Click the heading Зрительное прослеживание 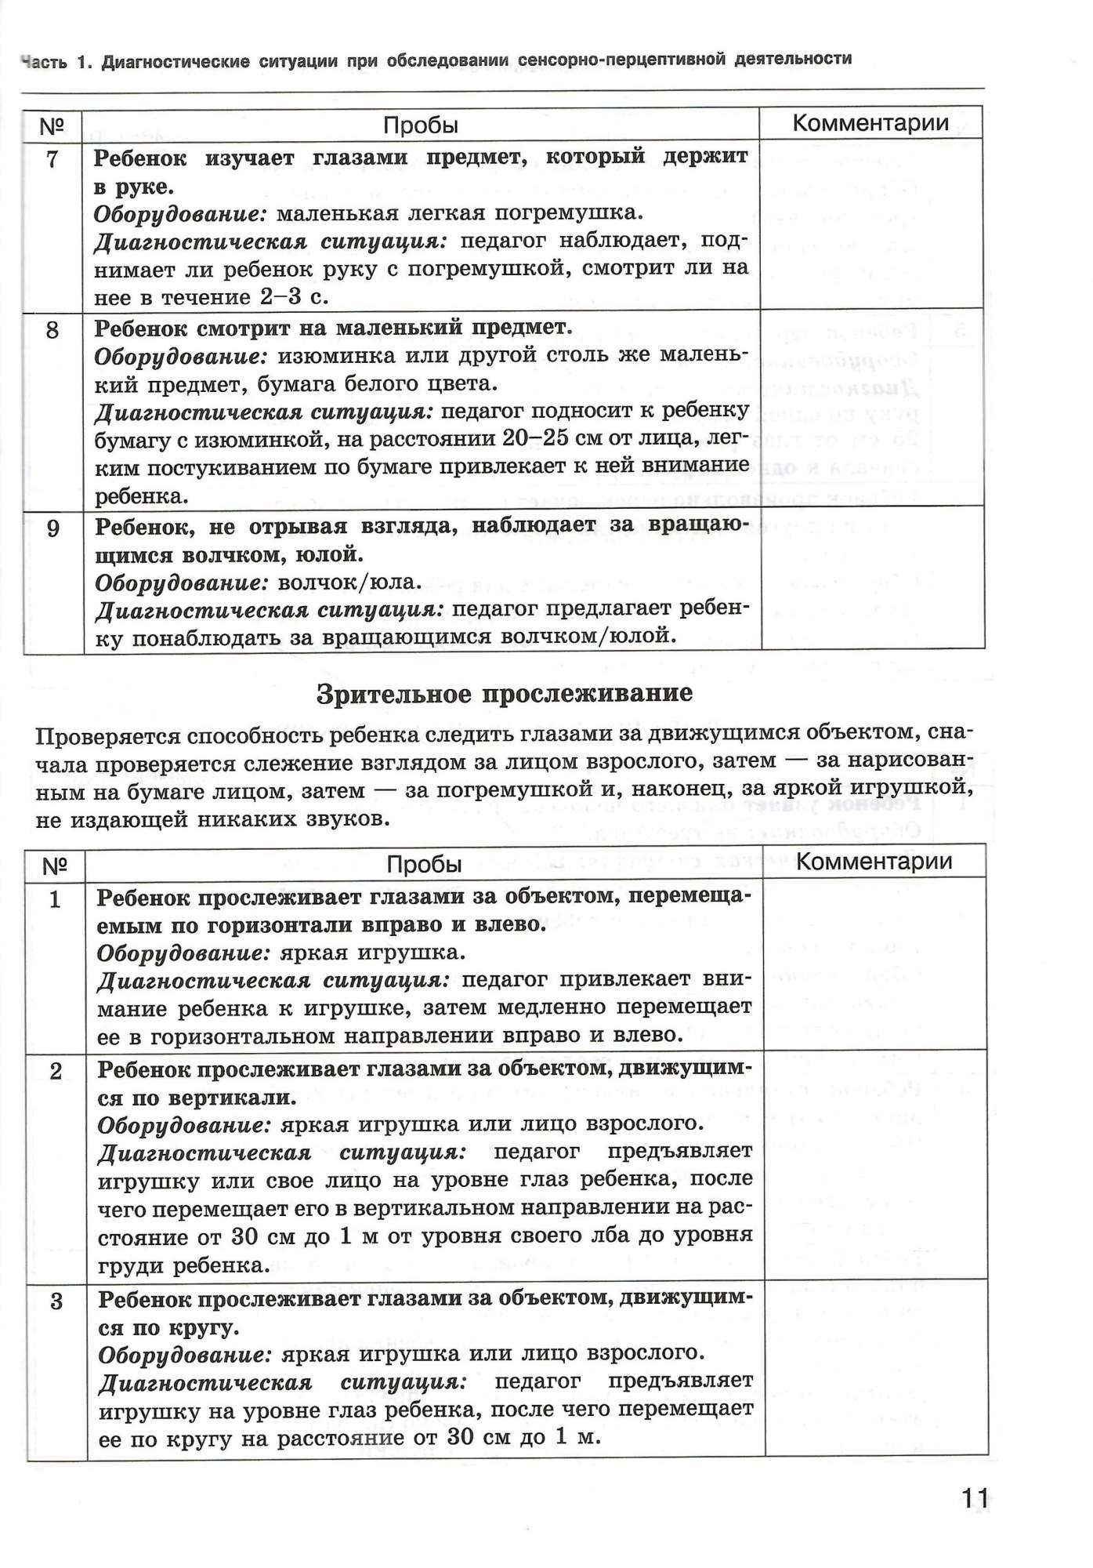(505, 694)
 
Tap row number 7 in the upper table (52, 159)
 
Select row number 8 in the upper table (52, 329)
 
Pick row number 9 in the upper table (53, 528)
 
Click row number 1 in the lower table (55, 898)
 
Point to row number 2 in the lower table (56, 1071)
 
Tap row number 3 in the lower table (56, 1301)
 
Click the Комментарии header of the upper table (870, 123)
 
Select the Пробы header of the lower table (424, 864)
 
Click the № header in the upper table (51, 125)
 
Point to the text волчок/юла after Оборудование (350, 583)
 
